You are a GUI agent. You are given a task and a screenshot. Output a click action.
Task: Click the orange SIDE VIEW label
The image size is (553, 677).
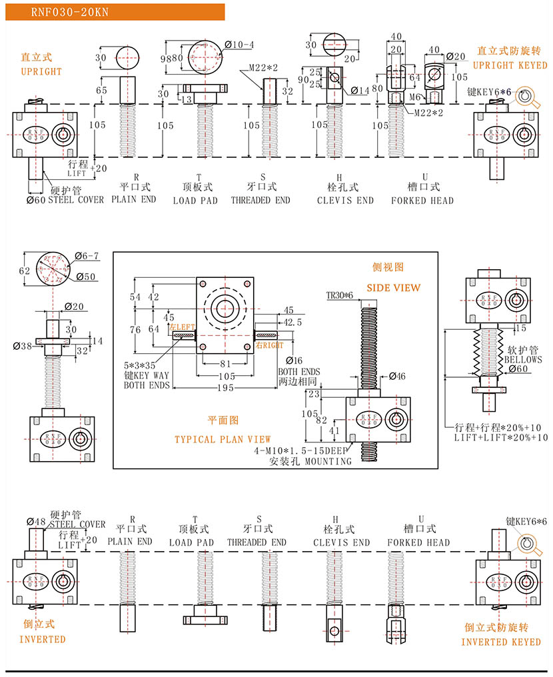coord(394,288)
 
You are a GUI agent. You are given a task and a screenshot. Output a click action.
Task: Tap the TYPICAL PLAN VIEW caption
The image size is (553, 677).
coord(223,439)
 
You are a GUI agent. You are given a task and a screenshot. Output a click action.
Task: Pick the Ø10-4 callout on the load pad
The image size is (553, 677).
coord(241,45)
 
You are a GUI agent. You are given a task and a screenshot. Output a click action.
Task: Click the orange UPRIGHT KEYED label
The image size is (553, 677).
coord(510,65)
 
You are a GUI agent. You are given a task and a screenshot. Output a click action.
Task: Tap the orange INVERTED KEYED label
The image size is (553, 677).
coord(501,642)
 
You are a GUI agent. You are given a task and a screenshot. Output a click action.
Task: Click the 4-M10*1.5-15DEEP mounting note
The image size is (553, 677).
coord(302,451)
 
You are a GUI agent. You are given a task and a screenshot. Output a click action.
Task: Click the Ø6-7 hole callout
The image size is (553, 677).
coord(87,256)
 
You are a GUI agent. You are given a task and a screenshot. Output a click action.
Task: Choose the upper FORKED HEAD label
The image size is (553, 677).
coord(422,200)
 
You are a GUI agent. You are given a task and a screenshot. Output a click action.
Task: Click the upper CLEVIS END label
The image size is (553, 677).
coord(345,200)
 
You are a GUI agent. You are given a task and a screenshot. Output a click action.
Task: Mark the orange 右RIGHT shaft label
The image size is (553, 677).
coord(270,346)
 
